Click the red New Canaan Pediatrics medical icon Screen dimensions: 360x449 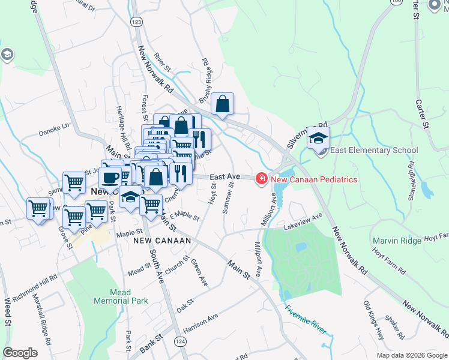click(x=262, y=179)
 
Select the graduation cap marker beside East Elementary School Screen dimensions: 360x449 click(x=318, y=138)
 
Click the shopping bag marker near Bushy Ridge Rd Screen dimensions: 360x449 click(x=222, y=104)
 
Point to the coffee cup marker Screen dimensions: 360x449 click(x=112, y=175)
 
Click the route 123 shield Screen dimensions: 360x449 click(x=137, y=22)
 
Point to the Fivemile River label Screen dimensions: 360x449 click(x=306, y=317)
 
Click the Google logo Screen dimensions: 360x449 click(x=20, y=353)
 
